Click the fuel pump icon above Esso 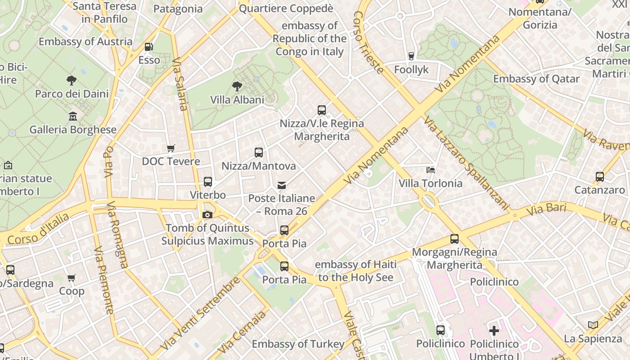click(x=148, y=46)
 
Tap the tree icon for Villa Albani click(x=237, y=86)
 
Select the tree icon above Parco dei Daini click(x=71, y=81)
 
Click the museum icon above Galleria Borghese click(x=73, y=117)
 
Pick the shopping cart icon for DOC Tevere click(x=171, y=148)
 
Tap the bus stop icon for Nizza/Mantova click(x=259, y=153)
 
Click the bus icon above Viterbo click(x=207, y=182)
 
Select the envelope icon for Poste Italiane click(x=282, y=185)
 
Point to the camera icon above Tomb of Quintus click(x=207, y=215)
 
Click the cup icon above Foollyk click(x=411, y=56)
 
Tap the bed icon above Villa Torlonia click(x=431, y=170)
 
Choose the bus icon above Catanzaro click(x=599, y=177)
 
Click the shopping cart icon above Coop click(x=72, y=278)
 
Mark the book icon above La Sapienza click(x=593, y=325)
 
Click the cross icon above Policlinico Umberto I click(x=494, y=331)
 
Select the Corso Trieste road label click(x=369, y=42)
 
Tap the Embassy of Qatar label click(x=536, y=79)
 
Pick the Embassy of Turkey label click(x=298, y=344)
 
